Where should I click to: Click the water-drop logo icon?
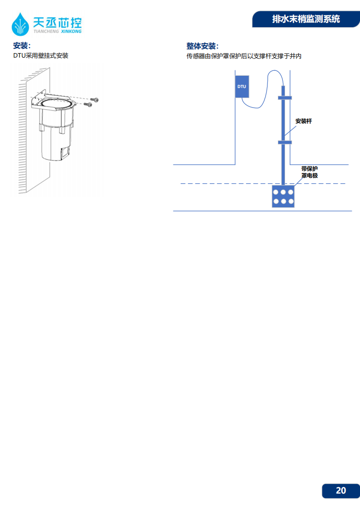point(20,24)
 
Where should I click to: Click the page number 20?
point(341,490)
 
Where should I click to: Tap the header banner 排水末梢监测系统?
point(306,19)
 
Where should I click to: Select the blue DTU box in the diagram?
point(242,87)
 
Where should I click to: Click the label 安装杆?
point(303,121)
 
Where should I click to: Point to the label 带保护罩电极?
point(309,172)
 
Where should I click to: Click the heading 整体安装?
point(202,46)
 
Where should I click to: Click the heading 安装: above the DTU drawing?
point(22,45)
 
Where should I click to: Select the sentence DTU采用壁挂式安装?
point(41,55)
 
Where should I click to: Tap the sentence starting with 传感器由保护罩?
point(244,56)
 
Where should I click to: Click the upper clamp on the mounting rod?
point(285,98)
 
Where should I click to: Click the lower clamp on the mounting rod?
point(285,142)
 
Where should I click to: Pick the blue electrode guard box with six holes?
point(283,196)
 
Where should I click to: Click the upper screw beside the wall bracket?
point(94,100)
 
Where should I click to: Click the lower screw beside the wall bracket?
point(88,104)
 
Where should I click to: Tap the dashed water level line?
point(263,184)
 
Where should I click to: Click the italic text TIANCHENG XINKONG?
point(58,31)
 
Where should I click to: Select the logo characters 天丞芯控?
point(57,22)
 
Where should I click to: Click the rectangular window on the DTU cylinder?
point(65,152)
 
